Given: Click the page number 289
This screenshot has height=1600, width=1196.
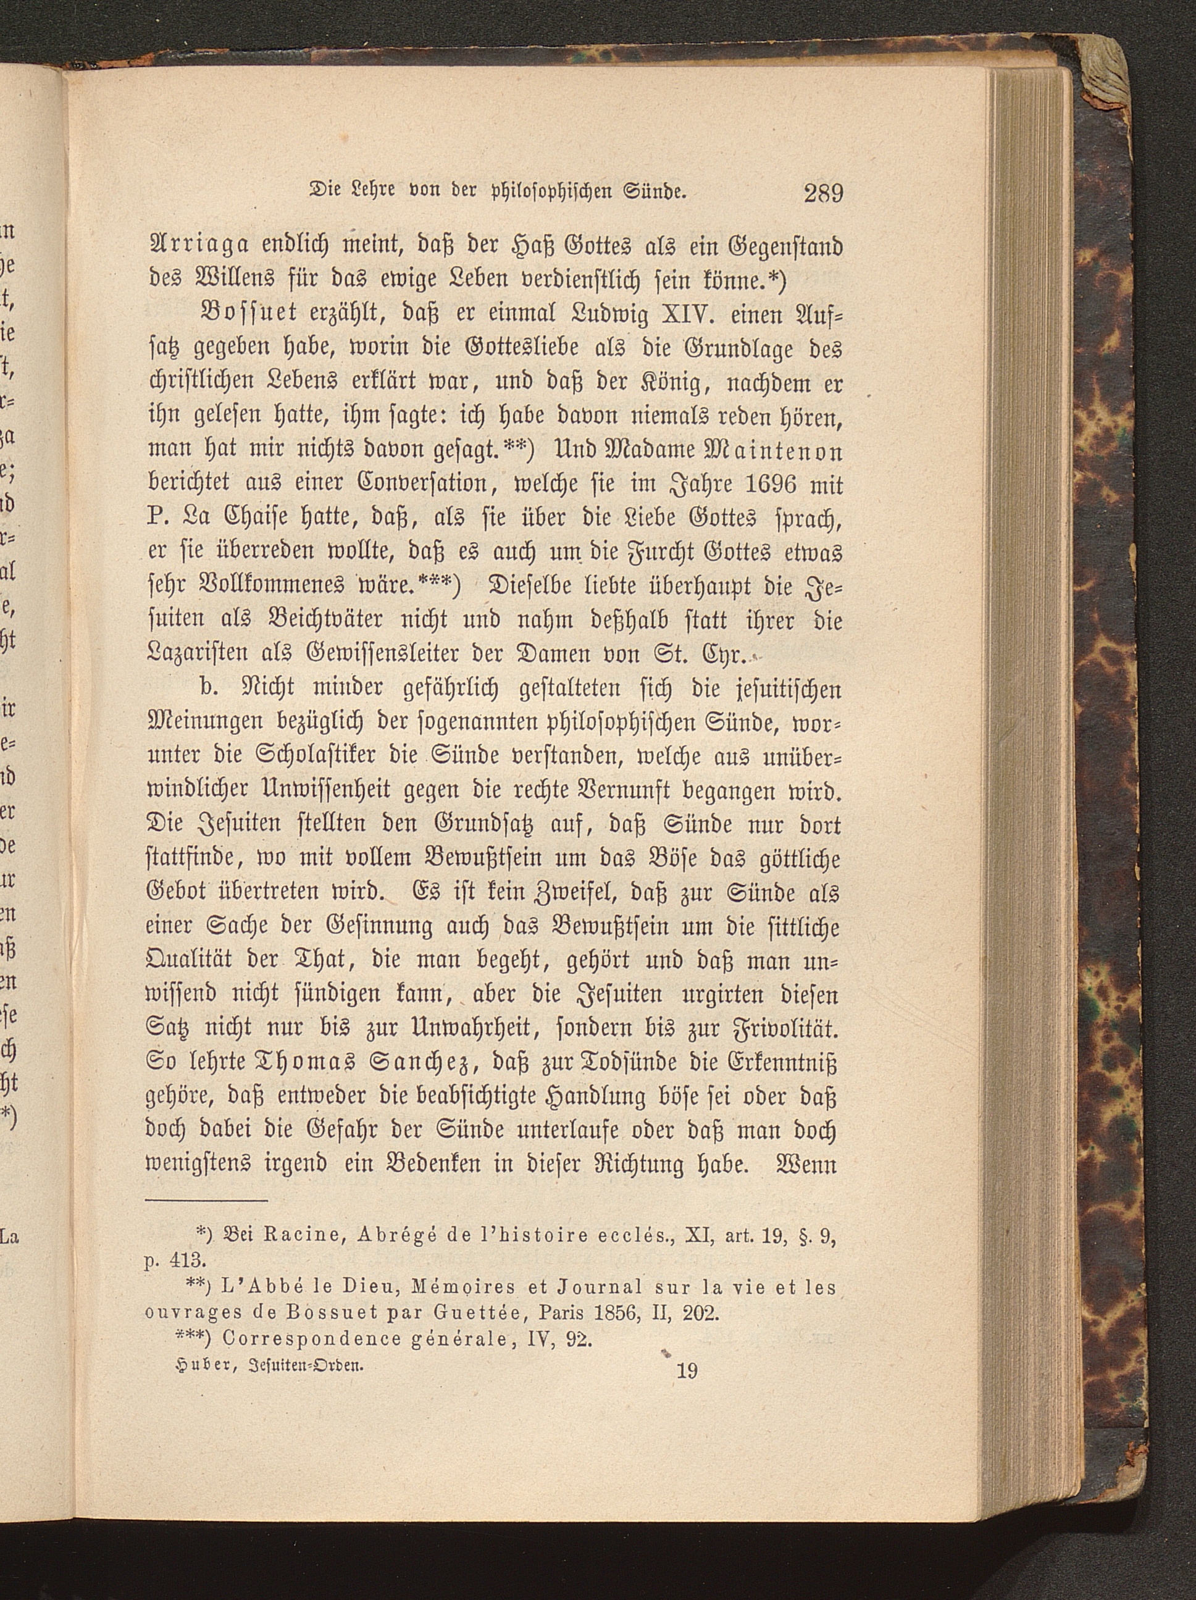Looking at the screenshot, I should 823,194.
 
